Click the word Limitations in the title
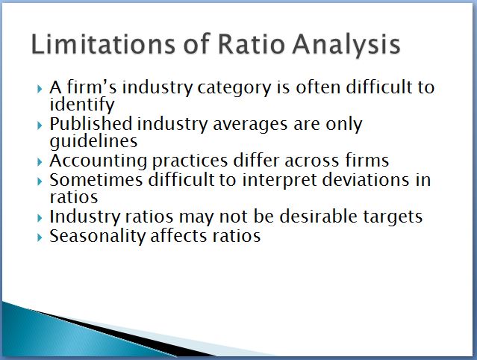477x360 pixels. pyautogui.click(x=104, y=44)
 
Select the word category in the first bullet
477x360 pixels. pyautogui.click(x=234, y=88)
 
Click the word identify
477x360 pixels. pyautogui.click(x=82, y=105)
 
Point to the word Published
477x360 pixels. pyautogui.click(x=90, y=124)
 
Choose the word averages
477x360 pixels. pyautogui.click(x=250, y=125)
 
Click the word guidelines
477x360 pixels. pyautogui.click(x=94, y=141)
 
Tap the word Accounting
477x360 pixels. pyautogui.click(x=99, y=161)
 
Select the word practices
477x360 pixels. pyautogui.click(x=190, y=161)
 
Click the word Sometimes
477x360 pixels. pyautogui.click(x=96, y=179)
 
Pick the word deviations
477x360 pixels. pyautogui.click(x=365, y=179)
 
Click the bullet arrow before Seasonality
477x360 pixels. pyautogui.click(x=40, y=237)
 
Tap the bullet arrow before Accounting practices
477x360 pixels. pyautogui.click(x=40, y=162)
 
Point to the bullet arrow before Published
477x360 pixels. pyautogui.click(x=40, y=125)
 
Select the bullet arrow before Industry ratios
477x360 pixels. pyautogui.click(x=40, y=218)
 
